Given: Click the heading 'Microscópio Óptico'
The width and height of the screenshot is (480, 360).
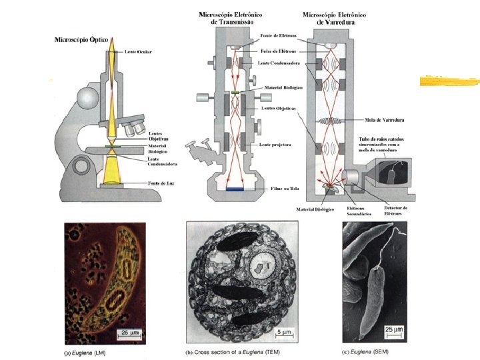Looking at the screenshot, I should (81, 40).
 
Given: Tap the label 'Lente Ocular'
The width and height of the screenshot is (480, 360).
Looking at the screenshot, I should (138, 52).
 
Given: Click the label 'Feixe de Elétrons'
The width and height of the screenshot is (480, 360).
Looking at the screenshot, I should (279, 50).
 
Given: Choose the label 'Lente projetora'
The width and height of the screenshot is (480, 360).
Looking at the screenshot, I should (274, 144).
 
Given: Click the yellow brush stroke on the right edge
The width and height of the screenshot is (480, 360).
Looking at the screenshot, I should (449, 82).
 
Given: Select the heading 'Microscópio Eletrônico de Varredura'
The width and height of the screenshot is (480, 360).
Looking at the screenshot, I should (334, 18).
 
